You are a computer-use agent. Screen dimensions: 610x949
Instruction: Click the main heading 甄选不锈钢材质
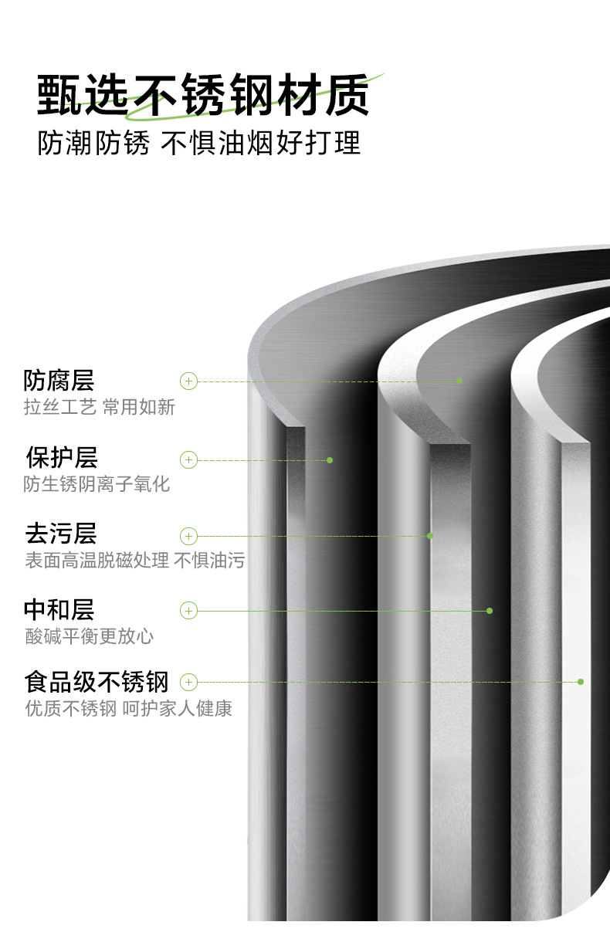coord(203,96)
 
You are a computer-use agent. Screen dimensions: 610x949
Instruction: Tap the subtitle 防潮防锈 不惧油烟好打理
coord(199,144)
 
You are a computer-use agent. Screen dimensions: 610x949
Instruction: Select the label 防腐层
coord(59,381)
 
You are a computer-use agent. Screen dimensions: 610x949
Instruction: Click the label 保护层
coord(61,457)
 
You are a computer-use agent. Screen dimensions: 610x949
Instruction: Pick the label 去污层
coord(61,534)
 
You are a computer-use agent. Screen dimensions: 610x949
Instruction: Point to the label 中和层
coord(59,610)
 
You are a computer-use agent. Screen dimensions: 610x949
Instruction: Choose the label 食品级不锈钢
coord(96,682)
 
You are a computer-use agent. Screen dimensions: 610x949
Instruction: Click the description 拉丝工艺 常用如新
coord(100,407)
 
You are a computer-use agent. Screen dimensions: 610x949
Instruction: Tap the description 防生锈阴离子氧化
coord(97,484)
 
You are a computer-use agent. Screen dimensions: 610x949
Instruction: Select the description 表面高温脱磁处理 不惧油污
coord(134,561)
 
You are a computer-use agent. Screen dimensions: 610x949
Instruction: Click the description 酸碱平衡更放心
coord(89,636)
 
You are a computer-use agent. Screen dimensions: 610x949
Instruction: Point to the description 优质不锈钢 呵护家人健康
coord(128,708)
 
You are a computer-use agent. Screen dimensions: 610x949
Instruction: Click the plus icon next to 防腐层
coord(189,381)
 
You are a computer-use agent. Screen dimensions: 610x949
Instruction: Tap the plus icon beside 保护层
coord(189,460)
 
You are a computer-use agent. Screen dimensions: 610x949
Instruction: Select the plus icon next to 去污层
coord(189,536)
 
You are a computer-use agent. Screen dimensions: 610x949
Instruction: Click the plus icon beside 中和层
coord(189,611)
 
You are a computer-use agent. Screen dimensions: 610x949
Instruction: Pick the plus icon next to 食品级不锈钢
coord(189,682)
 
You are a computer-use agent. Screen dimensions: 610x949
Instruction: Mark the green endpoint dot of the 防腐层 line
coord(459,381)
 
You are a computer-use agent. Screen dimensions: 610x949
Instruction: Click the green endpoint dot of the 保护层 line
coord(330,460)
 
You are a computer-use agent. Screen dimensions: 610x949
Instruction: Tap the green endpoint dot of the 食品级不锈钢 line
coord(581,682)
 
